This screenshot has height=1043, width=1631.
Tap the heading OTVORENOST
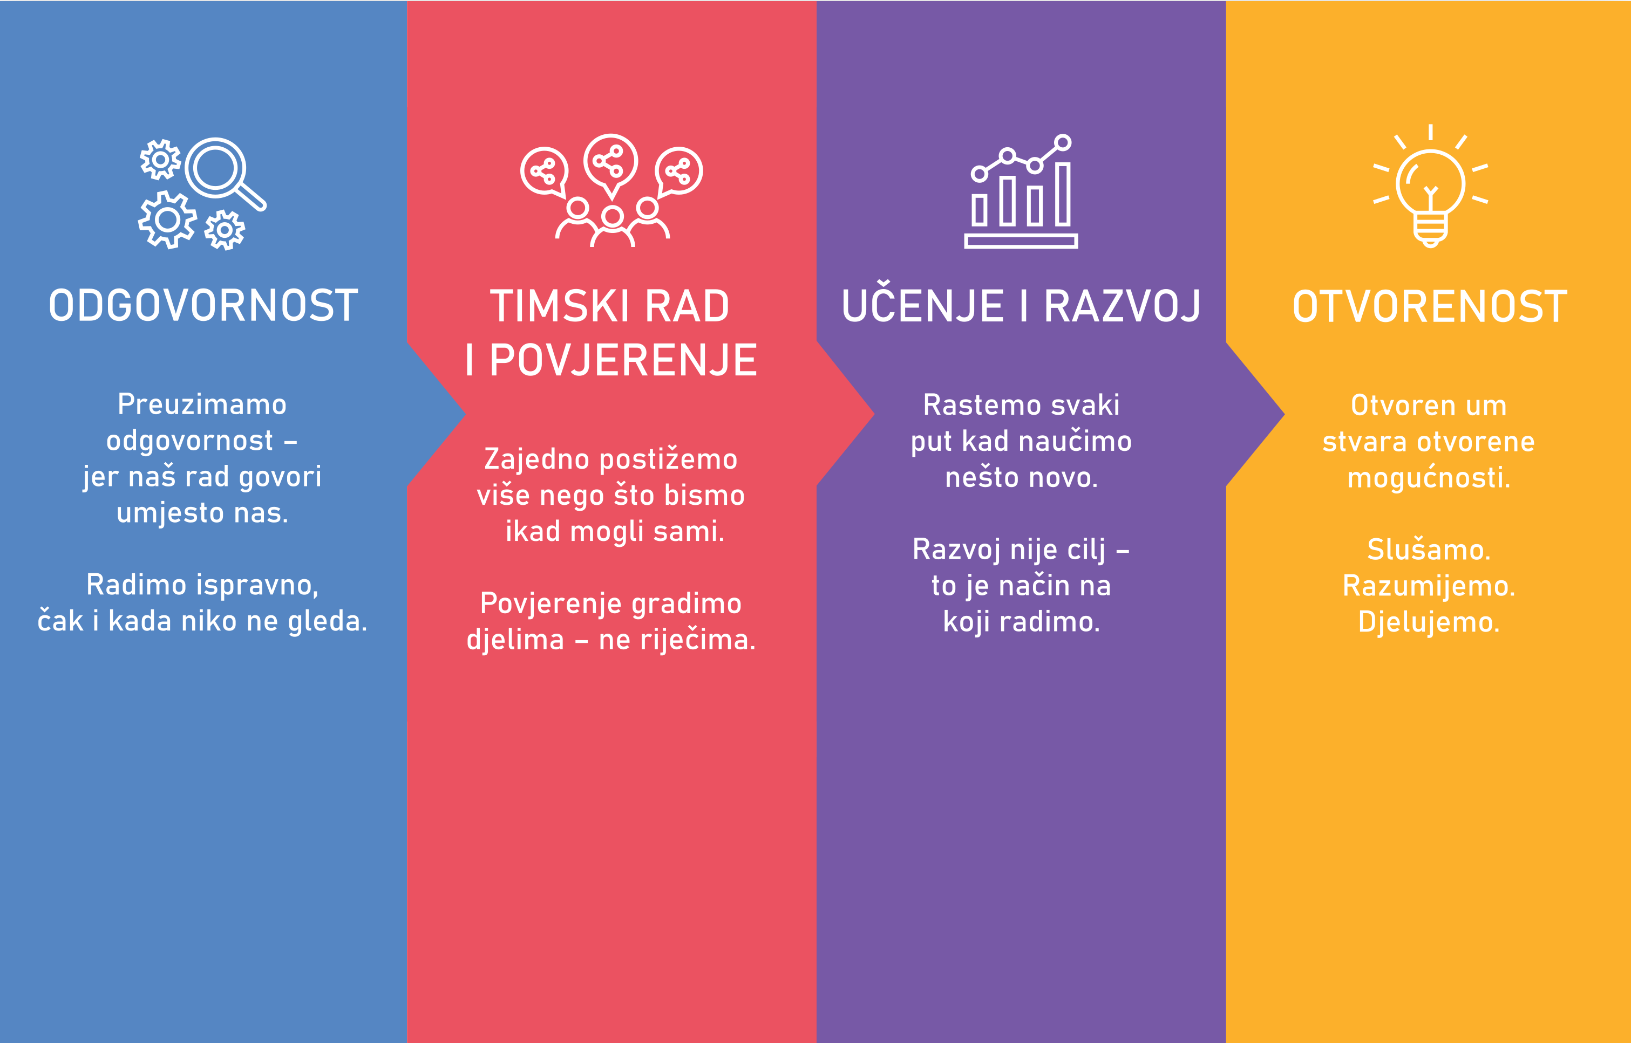click(x=1430, y=307)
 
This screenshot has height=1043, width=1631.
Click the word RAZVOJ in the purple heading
click(x=1122, y=306)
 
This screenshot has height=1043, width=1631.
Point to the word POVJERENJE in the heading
click(x=623, y=360)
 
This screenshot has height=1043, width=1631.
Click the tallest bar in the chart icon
click(x=1063, y=194)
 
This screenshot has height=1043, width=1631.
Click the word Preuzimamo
click(x=202, y=404)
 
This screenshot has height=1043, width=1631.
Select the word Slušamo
click(x=1429, y=549)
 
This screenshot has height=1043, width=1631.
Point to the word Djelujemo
click(x=1429, y=622)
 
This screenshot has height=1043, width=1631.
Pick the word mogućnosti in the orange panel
click(x=1429, y=477)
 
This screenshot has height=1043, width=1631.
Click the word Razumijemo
click(x=1429, y=586)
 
